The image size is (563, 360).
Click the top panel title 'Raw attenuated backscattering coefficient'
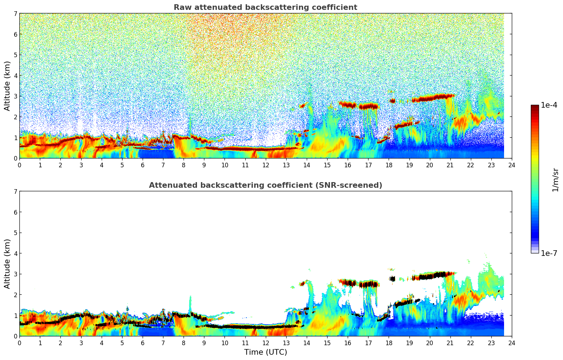265,7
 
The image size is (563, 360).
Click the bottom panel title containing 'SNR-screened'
265,185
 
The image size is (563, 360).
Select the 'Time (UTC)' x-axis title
265,352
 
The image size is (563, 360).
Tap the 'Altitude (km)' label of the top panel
7,86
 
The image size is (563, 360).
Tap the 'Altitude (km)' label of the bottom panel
7,264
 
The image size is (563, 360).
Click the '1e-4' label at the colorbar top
549,105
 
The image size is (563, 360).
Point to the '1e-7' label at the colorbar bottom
549,253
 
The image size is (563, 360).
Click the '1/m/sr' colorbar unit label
555,180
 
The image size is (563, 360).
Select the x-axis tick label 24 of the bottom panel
511,343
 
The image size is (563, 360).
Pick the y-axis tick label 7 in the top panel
15,14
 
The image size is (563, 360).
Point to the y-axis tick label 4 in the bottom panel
15,253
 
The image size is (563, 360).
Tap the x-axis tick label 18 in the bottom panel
389,343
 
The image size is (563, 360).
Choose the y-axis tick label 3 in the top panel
15,96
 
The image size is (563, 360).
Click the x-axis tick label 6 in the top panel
143,165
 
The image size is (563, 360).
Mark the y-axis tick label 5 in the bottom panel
15,233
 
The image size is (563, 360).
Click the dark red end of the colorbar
534,107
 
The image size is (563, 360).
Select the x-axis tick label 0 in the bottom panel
19,343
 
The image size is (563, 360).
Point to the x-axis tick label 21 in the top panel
450,165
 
